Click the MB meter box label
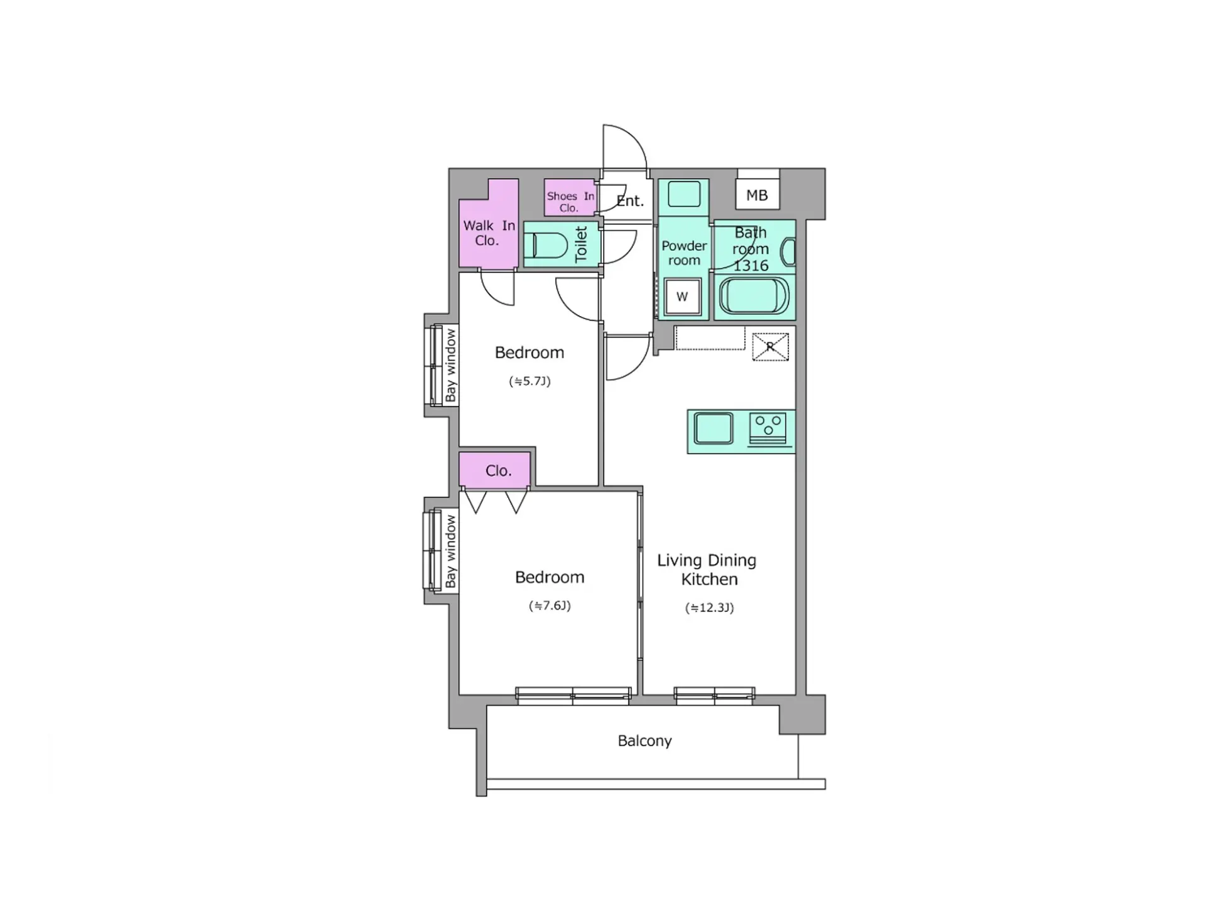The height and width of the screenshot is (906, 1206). coord(757,195)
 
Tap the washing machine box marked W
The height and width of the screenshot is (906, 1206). coord(682,297)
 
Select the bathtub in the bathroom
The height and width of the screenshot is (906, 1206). coord(754,297)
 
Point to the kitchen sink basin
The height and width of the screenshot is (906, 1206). coord(714,428)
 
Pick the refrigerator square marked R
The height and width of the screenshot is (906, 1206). coord(770,347)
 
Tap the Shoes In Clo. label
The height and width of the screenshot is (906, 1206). coord(570,202)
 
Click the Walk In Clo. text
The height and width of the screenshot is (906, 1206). coord(489,233)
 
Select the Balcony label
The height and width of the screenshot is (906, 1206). coord(644,741)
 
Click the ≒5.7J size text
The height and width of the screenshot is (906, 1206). coord(530,381)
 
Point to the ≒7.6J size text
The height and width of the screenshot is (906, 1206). coord(550,606)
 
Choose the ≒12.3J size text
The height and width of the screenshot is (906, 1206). coord(709,608)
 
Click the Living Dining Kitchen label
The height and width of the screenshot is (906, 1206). coord(707,569)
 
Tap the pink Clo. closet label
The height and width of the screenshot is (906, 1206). coord(498,471)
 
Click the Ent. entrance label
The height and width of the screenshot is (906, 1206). coord(630,201)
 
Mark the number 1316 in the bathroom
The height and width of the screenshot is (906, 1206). coord(751,266)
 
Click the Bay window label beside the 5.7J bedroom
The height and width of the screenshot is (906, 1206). coord(450,366)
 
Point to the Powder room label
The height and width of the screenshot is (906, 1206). coord(684,253)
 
